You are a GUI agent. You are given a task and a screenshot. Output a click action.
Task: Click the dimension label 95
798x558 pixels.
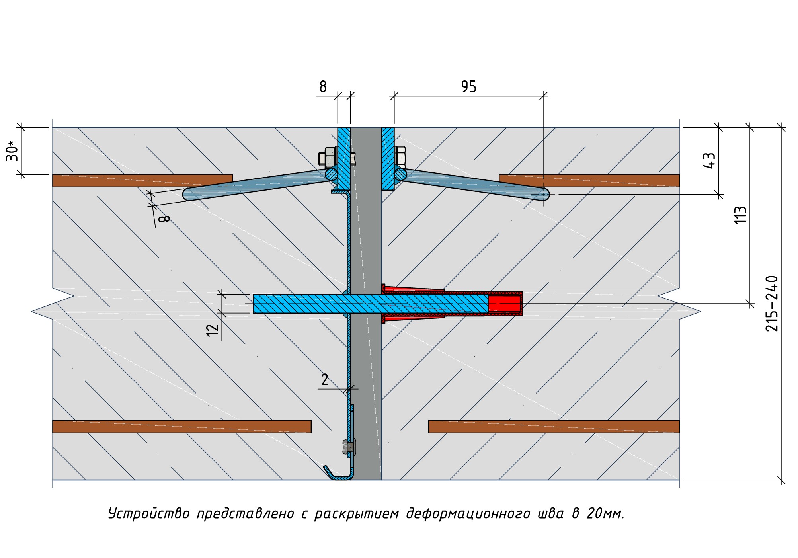[468, 86]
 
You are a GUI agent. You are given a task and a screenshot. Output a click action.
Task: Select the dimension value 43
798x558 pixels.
[709, 160]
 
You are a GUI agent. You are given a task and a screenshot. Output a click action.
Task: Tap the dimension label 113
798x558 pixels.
[740, 215]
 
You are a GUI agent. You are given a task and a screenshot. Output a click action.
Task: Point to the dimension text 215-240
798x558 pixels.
[772, 304]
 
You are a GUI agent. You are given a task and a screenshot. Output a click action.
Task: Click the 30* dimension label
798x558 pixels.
[12, 151]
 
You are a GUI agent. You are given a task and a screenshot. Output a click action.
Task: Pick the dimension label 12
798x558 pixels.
[213, 329]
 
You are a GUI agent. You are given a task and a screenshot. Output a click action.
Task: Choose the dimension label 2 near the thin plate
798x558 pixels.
[324, 380]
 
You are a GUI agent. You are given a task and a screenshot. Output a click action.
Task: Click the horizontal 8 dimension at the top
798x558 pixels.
[323, 86]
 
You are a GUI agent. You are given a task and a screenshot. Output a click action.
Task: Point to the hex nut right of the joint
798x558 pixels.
[400, 156]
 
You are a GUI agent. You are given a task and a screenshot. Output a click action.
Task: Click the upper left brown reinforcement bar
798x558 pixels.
[142, 180]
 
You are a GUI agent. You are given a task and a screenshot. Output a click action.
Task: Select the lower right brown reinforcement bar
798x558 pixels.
[553, 426]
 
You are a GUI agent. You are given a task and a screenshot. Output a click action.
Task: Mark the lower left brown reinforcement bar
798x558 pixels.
[181, 426]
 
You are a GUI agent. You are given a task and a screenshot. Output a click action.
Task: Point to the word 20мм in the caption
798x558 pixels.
[605, 514]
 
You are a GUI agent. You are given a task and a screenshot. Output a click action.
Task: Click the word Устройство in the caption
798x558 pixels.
[149, 514]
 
